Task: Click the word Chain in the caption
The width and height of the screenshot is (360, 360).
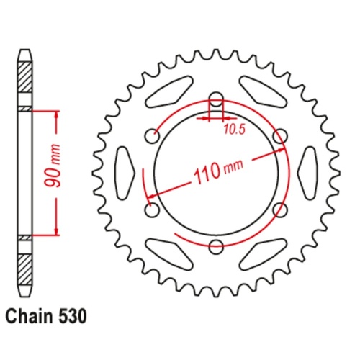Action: click(30, 316)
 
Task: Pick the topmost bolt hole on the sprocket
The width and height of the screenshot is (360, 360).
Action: click(216, 100)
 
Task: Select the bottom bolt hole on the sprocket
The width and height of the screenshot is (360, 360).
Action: click(216, 247)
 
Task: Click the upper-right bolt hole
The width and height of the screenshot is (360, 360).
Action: click(280, 137)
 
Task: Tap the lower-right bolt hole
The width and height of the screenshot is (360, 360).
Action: click(280, 210)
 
